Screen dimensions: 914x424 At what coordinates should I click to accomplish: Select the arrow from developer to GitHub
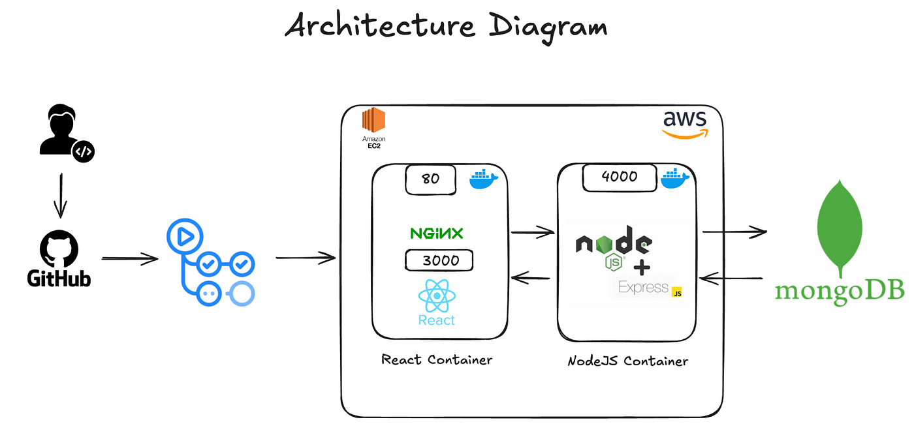(x=61, y=196)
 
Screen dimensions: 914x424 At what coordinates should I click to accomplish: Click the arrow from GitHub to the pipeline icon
(x=130, y=258)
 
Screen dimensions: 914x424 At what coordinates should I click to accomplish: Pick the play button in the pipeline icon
(x=185, y=237)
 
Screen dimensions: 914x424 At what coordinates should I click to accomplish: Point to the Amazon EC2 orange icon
(x=373, y=120)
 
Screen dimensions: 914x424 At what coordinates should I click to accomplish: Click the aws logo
(x=685, y=125)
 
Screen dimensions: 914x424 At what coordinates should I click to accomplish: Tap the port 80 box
(x=430, y=179)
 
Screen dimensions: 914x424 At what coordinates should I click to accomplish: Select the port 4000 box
(x=620, y=177)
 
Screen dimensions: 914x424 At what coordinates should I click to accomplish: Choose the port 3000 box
(x=439, y=260)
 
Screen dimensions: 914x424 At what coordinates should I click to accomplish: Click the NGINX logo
(x=437, y=234)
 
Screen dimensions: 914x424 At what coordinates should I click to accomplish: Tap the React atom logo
(x=437, y=295)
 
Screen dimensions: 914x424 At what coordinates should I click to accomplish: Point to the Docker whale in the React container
(x=483, y=179)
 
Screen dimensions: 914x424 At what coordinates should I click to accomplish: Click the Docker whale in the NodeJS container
(x=675, y=179)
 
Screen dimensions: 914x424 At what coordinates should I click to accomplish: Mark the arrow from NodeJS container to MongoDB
(x=734, y=232)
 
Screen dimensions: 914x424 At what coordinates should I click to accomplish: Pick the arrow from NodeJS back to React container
(x=530, y=278)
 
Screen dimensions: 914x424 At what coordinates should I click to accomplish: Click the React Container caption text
(x=437, y=359)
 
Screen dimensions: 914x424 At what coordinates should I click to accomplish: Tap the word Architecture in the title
(x=380, y=25)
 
